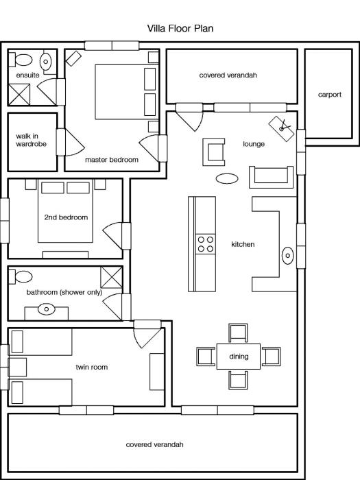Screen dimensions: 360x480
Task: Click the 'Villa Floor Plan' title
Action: pyautogui.click(x=180, y=29)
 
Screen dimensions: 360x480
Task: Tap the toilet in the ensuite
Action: pyautogui.click(x=21, y=60)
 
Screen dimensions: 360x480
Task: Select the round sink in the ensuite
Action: pyautogui.click(x=46, y=61)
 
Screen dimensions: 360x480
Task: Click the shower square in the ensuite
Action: pyautogui.click(x=19, y=95)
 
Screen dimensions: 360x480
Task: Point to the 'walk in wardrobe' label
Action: pyautogui.click(x=32, y=140)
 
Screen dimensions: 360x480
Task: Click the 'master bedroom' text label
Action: pyautogui.click(x=111, y=160)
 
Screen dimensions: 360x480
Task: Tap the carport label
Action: pyautogui.click(x=329, y=95)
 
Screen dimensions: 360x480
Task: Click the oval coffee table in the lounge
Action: pyautogui.click(x=227, y=178)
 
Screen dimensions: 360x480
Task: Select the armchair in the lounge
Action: pyautogui.click(x=214, y=152)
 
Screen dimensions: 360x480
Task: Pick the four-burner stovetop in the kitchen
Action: pyautogui.click(x=206, y=244)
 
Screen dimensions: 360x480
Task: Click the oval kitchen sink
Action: pyautogui.click(x=288, y=255)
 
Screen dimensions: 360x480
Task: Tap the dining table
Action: pyautogui.click(x=239, y=357)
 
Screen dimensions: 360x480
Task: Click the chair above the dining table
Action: pyautogui.click(x=238, y=333)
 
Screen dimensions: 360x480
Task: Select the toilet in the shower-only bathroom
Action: pyautogui.click(x=21, y=276)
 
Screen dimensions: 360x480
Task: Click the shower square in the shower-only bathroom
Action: pyautogui.click(x=111, y=277)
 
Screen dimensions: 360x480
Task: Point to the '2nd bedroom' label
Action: pyautogui.click(x=66, y=217)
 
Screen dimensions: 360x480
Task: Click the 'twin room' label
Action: pyautogui.click(x=92, y=367)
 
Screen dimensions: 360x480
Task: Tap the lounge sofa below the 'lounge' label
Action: pyautogui.click(x=272, y=177)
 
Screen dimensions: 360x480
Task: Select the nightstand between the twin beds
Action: pyautogui.click(x=17, y=367)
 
